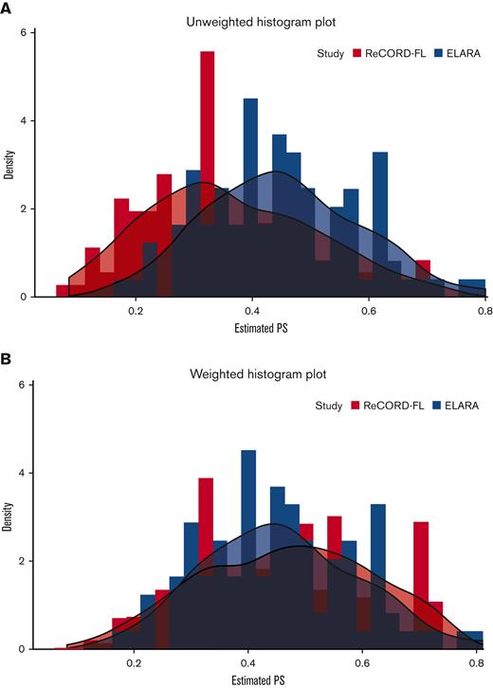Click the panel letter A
coord(9,9)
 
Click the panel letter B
coord(9,361)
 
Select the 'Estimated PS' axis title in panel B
coord(257,679)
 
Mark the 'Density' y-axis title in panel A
coord(9,164)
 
